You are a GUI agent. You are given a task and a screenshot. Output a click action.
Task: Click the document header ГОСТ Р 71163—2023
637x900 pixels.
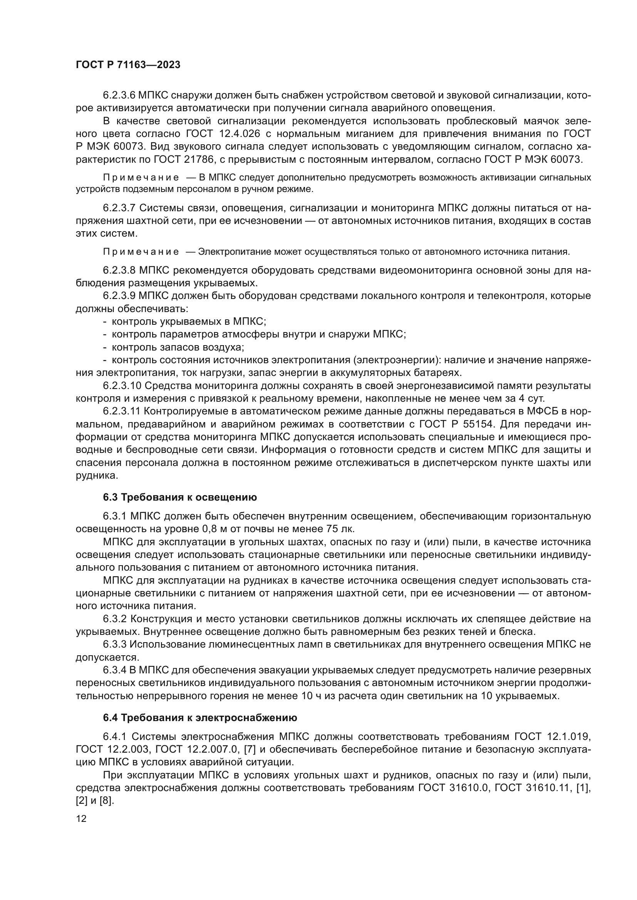[x=128, y=65]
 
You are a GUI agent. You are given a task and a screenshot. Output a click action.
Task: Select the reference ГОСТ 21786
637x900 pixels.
[x=183, y=160]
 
